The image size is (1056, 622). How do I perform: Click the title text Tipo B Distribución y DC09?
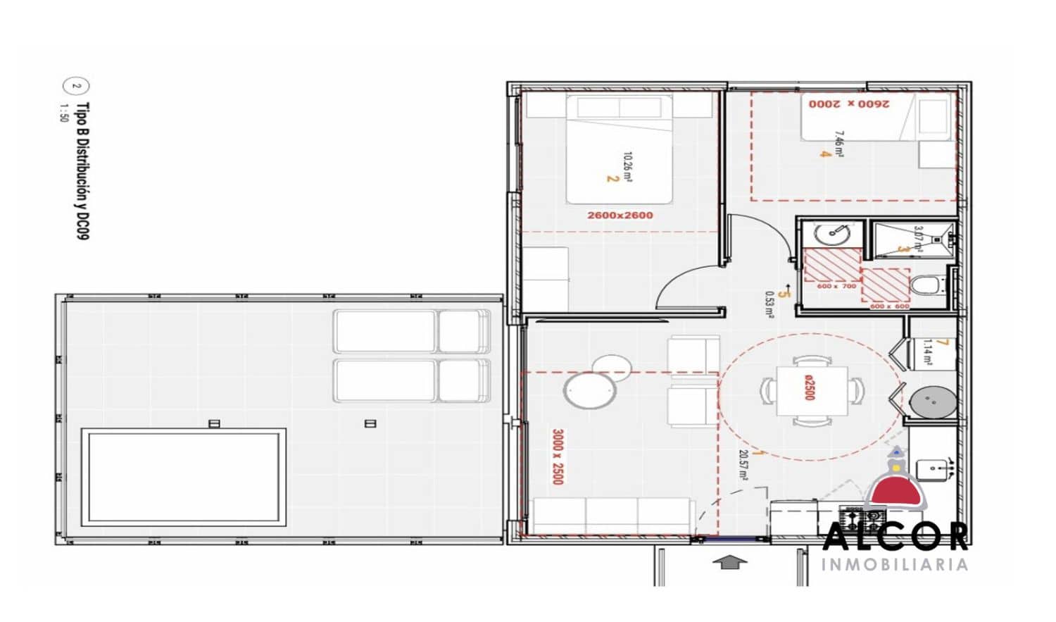pyautogui.click(x=83, y=171)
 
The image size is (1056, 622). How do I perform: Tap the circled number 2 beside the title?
pyautogui.click(x=77, y=87)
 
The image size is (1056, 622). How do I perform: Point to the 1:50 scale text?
pyautogui.click(x=64, y=113)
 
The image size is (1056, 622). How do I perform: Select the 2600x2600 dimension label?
pyautogui.click(x=620, y=216)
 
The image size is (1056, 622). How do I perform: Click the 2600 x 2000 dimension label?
pyautogui.click(x=848, y=104)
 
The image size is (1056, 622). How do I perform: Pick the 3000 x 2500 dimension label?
pyautogui.click(x=558, y=456)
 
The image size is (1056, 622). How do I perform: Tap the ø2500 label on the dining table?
pyautogui.click(x=810, y=387)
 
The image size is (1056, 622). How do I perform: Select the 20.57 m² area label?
pyautogui.click(x=743, y=466)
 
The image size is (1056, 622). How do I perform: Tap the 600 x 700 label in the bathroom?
pyautogui.click(x=836, y=287)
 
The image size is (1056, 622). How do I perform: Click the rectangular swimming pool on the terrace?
pyautogui.click(x=184, y=477)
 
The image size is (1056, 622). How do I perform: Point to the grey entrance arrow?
pyautogui.click(x=730, y=562)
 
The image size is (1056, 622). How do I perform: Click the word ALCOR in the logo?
pyautogui.click(x=895, y=537)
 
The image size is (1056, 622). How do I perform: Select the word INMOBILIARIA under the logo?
pyautogui.click(x=894, y=565)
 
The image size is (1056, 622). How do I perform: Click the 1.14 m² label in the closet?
pyautogui.click(x=927, y=352)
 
